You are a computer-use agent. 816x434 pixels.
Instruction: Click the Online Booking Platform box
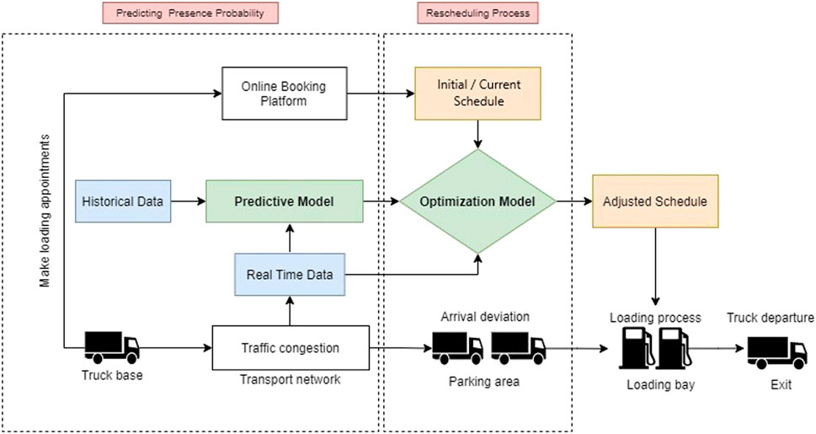[x=285, y=94]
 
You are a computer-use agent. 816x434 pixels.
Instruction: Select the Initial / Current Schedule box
[x=477, y=94]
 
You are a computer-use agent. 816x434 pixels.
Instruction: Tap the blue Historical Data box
[x=123, y=201]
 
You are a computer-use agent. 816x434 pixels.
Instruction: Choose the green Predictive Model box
[x=284, y=201]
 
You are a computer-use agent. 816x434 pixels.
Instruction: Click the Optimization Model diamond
[x=477, y=201]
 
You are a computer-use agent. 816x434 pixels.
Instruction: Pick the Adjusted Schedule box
[x=655, y=201]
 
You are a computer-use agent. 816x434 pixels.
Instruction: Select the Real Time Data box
[x=290, y=275]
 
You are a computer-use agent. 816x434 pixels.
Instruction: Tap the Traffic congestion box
[x=291, y=347]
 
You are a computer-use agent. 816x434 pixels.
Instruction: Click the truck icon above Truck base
[x=112, y=347]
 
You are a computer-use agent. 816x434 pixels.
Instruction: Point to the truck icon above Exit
[x=776, y=353]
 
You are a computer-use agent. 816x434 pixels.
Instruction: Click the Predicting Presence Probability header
[x=190, y=13]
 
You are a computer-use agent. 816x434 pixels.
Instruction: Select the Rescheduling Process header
[x=477, y=13]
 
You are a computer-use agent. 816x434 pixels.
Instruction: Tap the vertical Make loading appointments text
[x=45, y=211]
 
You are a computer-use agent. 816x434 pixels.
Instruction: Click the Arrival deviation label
[x=485, y=316]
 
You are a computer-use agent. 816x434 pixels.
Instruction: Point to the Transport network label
[x=290, y=379]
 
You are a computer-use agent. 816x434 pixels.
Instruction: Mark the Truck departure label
[x=771, y=318]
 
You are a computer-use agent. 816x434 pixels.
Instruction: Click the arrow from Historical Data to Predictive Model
[x=189, y=201]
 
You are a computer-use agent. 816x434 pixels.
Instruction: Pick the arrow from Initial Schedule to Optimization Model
[x=477, y=135]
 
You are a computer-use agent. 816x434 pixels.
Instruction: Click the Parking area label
[x=484, y=382]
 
